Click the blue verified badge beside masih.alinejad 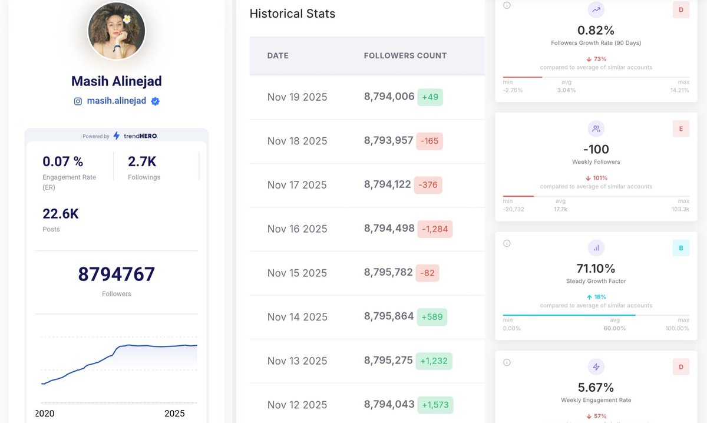click(x=155, y=101)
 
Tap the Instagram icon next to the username click(x=78, y=101)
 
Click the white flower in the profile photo click(x=127, y=19)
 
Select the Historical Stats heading click(x=292, y=14)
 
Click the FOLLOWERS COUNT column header click(x=405, y=55)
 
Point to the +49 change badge click(x=430, y=97)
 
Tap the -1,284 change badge click(x=435, y=229)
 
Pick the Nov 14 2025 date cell click(x=298, y=316)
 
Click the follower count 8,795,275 click(x=388, y=360)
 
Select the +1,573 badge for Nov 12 click(x=435, y=405)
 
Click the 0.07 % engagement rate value click(x=63, y=161)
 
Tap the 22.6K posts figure click(x=61, y=214)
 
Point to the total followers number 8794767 click(x=117, y=274)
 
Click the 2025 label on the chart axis click(x=174, y=413)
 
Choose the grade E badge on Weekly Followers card click(x=681, y=128)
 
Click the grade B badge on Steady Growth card click(x=681, y=248)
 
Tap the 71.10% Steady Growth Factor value click(x=596, y=268)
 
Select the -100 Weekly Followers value click(x=596, y=149)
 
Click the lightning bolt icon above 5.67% click(x=596, y=367)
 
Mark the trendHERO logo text click(x=141, y=136)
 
